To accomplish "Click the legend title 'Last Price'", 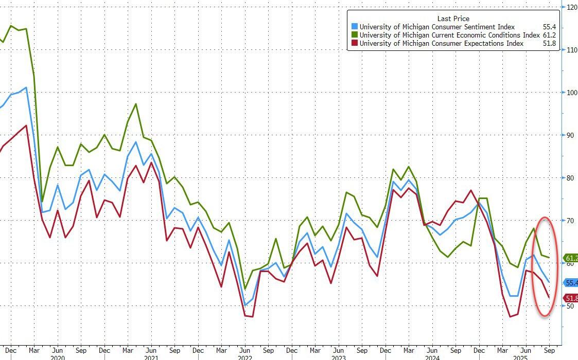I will (x=453, y=19).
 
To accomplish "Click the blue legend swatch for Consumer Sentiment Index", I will (x=354, y=27).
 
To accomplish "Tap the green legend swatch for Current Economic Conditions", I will (x=354, y=35).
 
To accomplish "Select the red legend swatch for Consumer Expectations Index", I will (x=354, y=43).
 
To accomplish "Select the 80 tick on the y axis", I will (x=570, y=178).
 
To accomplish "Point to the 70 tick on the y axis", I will (x=570, y=221).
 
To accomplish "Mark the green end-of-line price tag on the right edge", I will (x=571, y=258).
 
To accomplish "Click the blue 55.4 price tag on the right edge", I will (x=571, y=283).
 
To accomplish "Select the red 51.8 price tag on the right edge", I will (x=571, y=298).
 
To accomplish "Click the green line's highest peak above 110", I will (x=11, y=26).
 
